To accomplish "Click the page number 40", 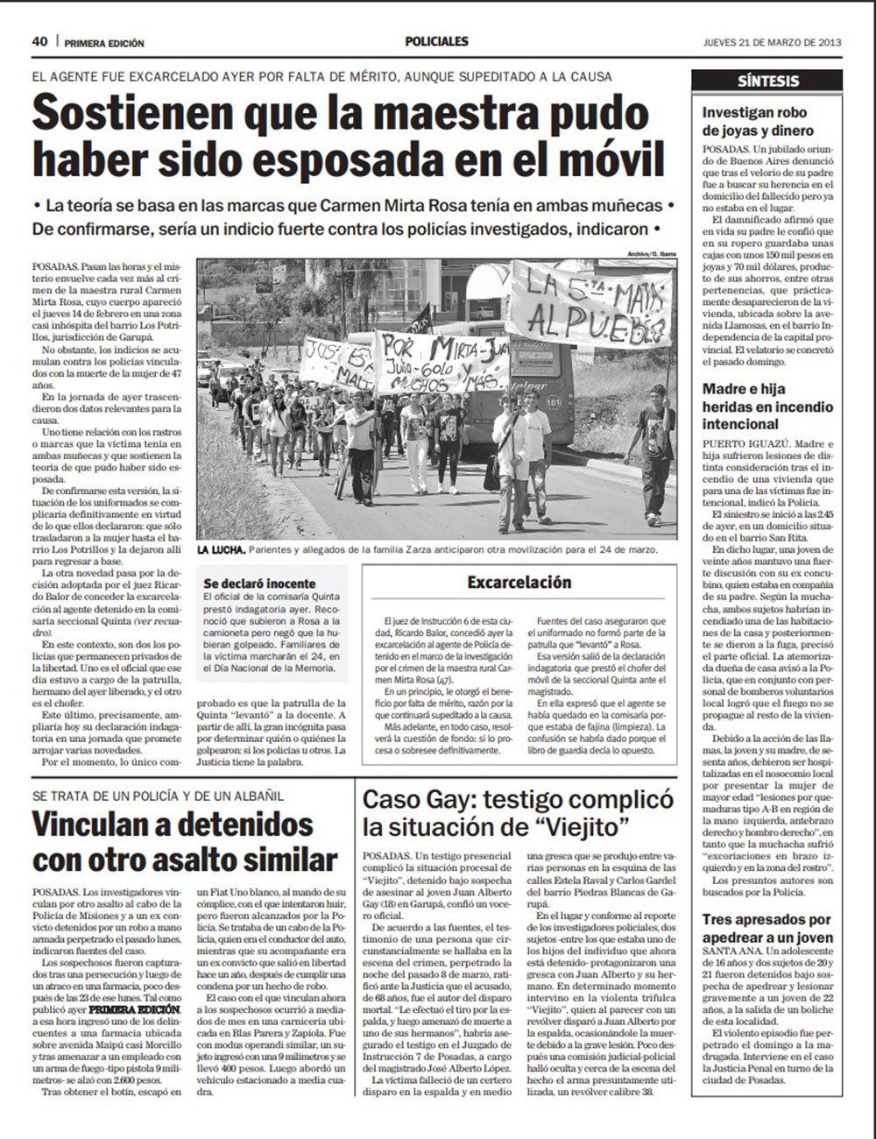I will [x=39, y=41].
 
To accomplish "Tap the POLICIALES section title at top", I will [x=436, y=41].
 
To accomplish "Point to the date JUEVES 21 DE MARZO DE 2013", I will [x=772, y=42].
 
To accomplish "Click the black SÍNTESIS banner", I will [x=767, y=81].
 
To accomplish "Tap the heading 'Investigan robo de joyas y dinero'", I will [x=754, y=122].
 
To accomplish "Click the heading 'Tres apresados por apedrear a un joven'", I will [x=766, y=929].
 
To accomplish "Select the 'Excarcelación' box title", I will [x=519, y=582].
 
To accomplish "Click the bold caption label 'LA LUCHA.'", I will [x=221, y=550].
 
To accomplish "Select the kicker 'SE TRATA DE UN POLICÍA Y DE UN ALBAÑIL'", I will [x=157, y=796].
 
